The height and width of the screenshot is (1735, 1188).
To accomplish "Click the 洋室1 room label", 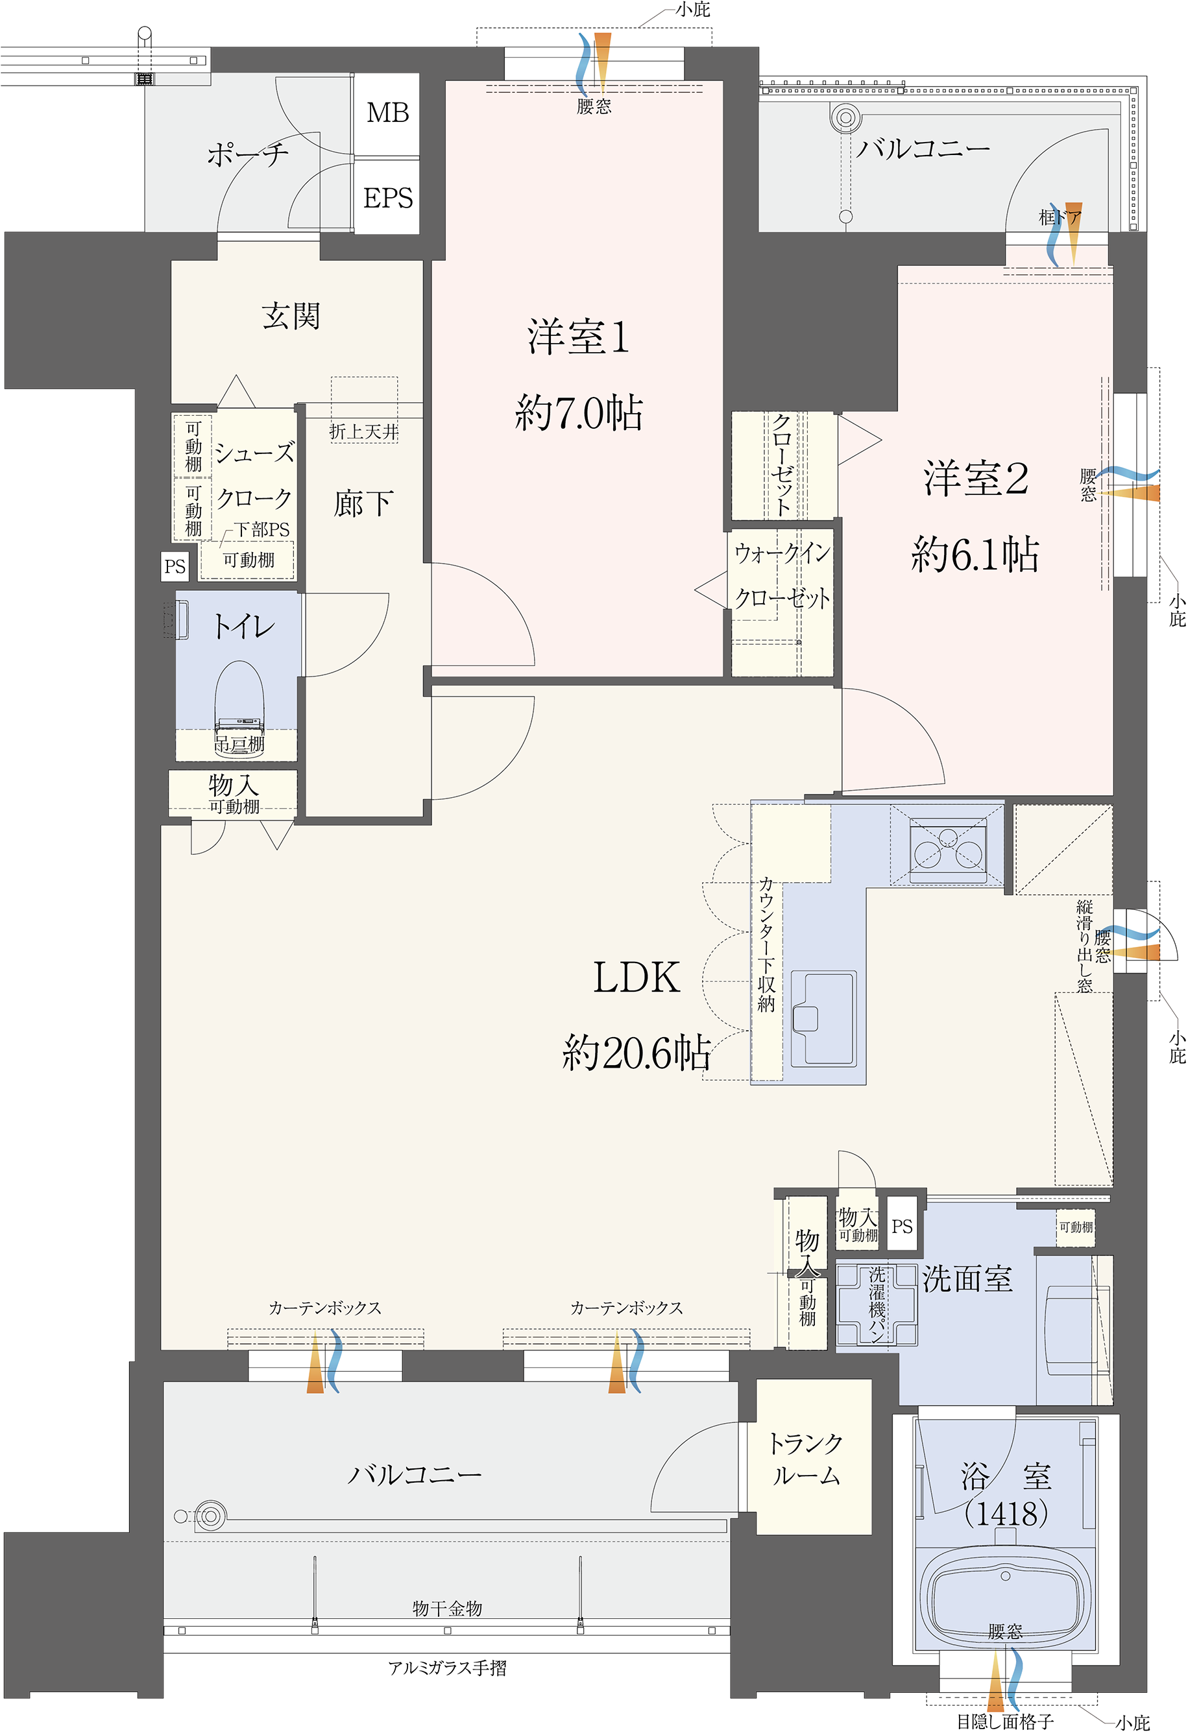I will [578, 337].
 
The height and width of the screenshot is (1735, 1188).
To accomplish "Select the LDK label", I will [636, 978].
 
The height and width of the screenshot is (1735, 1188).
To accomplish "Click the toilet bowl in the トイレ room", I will [239, 698].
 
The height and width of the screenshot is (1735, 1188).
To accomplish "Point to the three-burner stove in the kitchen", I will [947, 850].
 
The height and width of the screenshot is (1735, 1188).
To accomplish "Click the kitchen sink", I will [823, 1016].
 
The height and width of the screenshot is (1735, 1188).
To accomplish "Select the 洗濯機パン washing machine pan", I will [877, 1305].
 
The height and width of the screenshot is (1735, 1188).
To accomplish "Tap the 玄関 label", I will [291, 317].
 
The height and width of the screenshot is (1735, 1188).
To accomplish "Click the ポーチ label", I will [247, 154].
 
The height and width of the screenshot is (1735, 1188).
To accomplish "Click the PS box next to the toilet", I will [175, 566].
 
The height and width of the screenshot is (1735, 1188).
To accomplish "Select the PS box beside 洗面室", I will [902, 1226].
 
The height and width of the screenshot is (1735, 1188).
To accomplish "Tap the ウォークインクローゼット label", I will [782, 575].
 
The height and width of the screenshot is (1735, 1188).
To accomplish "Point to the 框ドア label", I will [1060, 217].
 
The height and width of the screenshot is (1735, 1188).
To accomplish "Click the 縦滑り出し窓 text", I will [1084, 946].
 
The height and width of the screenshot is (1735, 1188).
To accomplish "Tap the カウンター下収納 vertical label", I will [766, 944].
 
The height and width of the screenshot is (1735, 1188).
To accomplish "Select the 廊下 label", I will [363, 504].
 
